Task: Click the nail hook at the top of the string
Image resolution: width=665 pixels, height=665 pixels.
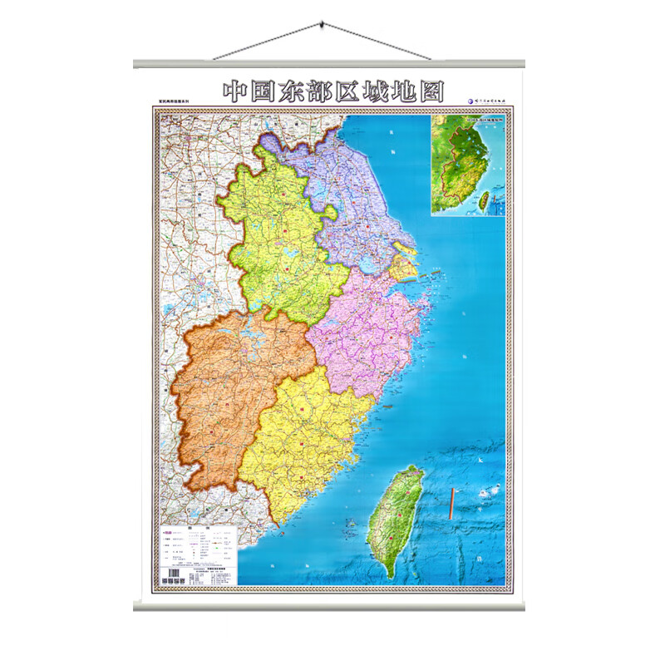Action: pyautogui.click(x=322, y=31)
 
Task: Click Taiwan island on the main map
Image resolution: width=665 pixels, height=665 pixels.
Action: pyautogui.click(x=395, y=520)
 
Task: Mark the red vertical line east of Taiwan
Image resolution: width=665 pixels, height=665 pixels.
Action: pyautogui.click(x=451, y=508)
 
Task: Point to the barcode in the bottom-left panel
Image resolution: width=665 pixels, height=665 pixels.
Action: pyautogui.click(x=174, y=574)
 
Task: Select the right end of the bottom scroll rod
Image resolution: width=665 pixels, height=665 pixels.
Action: pyautogui.click(x=530, y=607)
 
